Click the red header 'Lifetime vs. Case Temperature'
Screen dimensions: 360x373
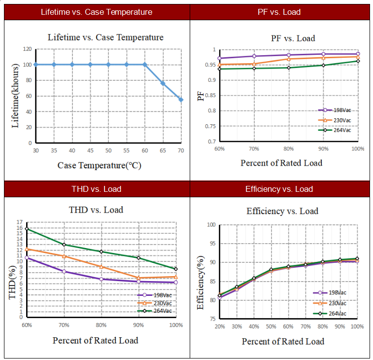97,12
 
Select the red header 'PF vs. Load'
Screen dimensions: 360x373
279,12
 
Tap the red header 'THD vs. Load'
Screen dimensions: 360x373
97,189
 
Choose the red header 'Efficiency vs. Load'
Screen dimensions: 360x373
279,189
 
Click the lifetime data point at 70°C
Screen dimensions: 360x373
181,100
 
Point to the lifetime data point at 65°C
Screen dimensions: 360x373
163,83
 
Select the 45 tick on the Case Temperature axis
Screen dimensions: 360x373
90,150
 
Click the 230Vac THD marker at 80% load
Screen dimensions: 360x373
102,267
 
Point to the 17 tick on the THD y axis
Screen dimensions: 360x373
20,222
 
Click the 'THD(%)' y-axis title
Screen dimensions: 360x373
13,283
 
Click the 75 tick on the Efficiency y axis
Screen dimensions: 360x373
212,319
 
